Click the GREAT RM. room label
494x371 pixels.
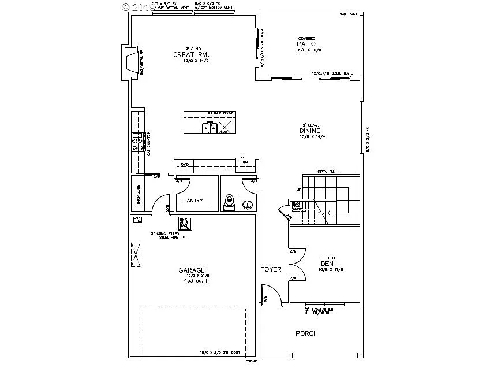188,55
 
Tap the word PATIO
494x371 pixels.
306,44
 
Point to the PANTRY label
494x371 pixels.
193,201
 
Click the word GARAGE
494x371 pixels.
191,270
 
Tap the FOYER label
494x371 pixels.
271,269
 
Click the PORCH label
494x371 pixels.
306,333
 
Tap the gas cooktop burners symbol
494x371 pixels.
137,142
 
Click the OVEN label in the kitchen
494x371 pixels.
185,164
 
